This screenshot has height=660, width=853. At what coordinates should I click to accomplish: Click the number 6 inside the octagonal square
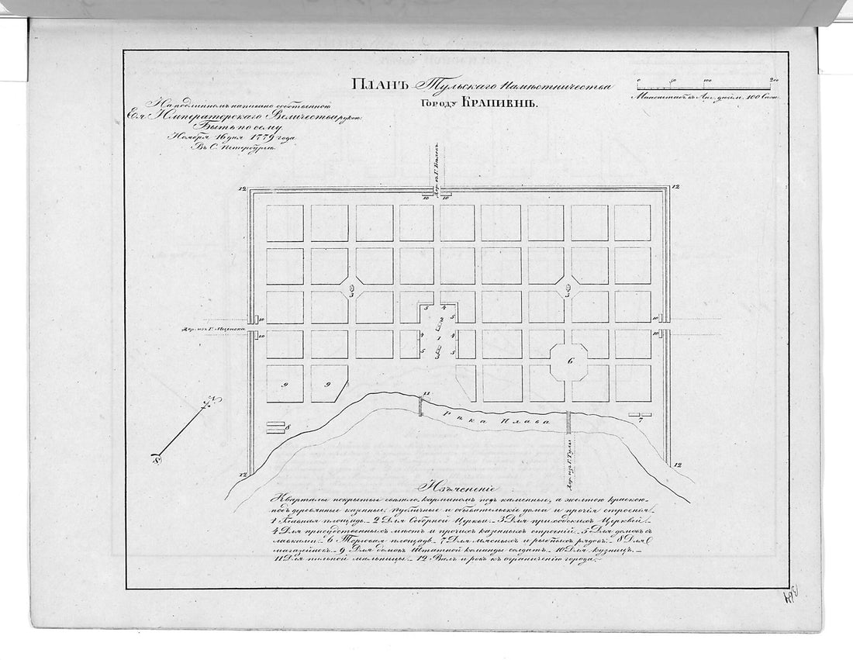[570, 361]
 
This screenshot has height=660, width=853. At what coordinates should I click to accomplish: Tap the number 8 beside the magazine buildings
[287, 427]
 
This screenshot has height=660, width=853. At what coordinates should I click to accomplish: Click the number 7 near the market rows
[640, 423]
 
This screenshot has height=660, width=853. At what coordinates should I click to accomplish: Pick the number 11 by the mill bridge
[426, 394]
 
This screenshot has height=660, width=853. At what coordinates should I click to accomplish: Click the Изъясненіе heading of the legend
[458, 489]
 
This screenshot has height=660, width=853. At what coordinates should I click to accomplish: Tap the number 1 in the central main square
[440, 337]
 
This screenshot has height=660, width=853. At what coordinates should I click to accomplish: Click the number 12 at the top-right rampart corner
[675, 187]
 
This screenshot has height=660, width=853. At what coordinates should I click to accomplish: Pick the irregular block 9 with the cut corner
[329, 383]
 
